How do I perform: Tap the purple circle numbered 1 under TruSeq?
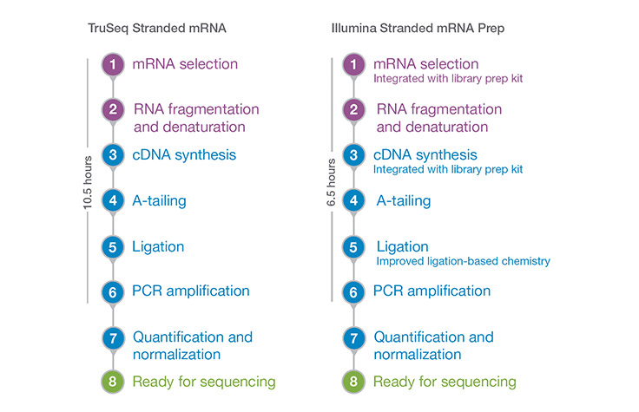pyautogui.click(x=113, y=65)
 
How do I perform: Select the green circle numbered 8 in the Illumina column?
pyautogui.click(x=353, y=382)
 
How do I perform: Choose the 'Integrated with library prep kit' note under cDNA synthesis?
pyautogui.click(x=446, y=170)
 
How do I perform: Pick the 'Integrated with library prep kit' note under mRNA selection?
pyautogui.click(x=446, y=79)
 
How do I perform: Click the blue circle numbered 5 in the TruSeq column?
pyautogui.click(x=113, y=246)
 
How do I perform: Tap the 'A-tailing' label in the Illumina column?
pyautogui.click(x=403, y=200)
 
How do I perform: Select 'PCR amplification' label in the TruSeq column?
pyautogui.click(x=191, y=291)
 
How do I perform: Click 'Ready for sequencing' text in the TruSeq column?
pyautogui.click(x=204, y=382)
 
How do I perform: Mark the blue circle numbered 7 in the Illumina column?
pyautogui.click(x=353, y=337)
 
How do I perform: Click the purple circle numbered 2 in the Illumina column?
pyautogui.click(x=353, y=110)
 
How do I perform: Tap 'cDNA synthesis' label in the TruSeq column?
pyautogui.click(x=185, y=155)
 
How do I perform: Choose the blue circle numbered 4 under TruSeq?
pyautogui.click(x=113, y=201)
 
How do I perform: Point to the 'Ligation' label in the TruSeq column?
pyautogui.click(x=158, y=246)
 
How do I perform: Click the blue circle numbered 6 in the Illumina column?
pyautogui.click(x=353, y=291)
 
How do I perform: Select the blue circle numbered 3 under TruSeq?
pyautogui.click(x=113, y=156)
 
